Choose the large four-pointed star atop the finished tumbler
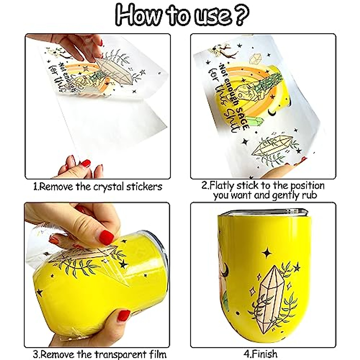[x=266, y=253]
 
